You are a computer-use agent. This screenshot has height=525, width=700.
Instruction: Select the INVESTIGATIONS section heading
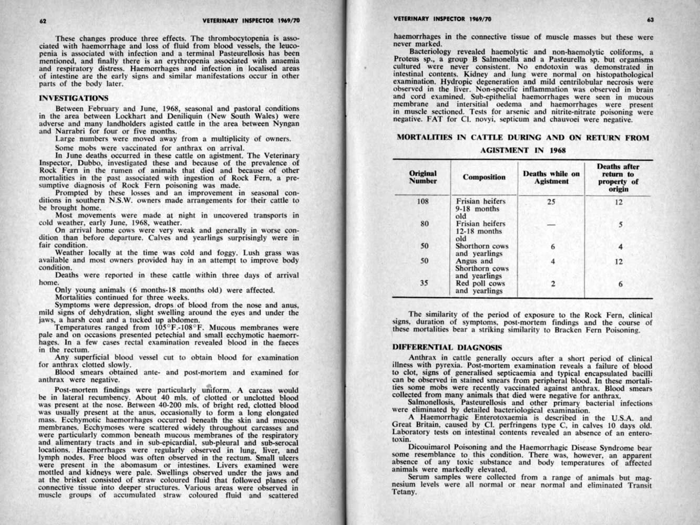pos(74,98)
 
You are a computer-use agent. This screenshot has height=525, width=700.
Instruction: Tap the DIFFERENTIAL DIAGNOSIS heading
pos(448,347)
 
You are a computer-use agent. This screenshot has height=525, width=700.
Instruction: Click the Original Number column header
pos(423,177)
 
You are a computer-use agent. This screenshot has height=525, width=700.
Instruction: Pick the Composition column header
pos(484,177)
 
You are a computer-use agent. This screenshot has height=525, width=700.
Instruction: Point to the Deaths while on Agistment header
pos(551,177)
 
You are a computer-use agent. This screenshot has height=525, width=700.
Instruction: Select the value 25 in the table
pos(551,201)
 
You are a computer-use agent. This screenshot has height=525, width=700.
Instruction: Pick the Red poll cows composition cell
pos(480,287)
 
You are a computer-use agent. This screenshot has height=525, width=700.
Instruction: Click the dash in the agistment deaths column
pos(551,224)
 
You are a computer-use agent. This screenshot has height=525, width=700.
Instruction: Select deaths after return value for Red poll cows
pos(620,283)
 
